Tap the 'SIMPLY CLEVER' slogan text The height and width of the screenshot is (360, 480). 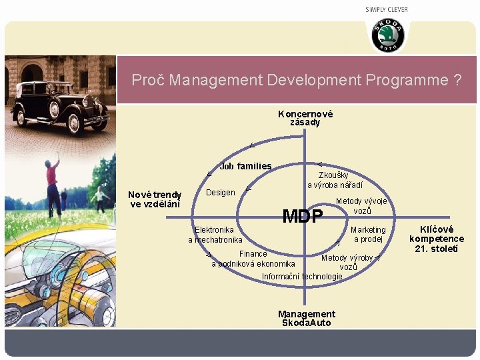(387, 9)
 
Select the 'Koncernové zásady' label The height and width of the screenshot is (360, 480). (305, 118)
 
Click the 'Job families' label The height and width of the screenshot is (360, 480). (245, 166)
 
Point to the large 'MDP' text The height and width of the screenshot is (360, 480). (303, 217)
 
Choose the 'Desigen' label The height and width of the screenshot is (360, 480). (221, 193)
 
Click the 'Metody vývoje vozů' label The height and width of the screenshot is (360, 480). (361, 206)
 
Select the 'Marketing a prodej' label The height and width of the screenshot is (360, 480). (368, 235)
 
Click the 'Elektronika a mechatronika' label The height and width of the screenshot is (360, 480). (215, 235)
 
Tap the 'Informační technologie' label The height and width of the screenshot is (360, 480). (302, 277)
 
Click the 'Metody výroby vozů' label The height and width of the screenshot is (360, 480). (347, 262)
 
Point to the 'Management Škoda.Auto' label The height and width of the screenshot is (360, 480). (306, 318)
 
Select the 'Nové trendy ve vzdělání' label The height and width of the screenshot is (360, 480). (155, 199)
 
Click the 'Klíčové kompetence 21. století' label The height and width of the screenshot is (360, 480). (437, 239)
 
